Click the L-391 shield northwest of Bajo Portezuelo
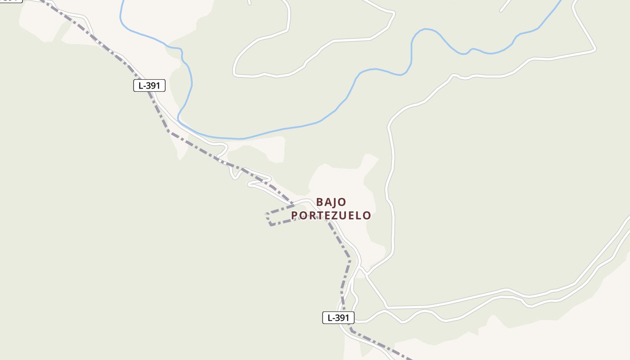pyautogui.click(x=149, y=85)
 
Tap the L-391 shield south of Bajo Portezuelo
pyautogui.click(x=338, y=318)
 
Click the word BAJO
pyautogui.click(x=331, y=202)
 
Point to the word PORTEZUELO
pyautogui.click(x=331, y=216)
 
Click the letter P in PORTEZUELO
pyautogui.click(x=295, y=216)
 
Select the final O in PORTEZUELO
pyautogui.click(x=367, y=216)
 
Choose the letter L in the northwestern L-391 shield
pyautogui.click(x=140, y=85)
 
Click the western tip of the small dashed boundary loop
pyautogui.click(x=267, y=214)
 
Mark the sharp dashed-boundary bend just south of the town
pyautogui.click(x=349, y=259)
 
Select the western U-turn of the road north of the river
pyautogui.click(x=234, y=72)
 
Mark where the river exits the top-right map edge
pyautogui.click(x=561, y=1)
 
